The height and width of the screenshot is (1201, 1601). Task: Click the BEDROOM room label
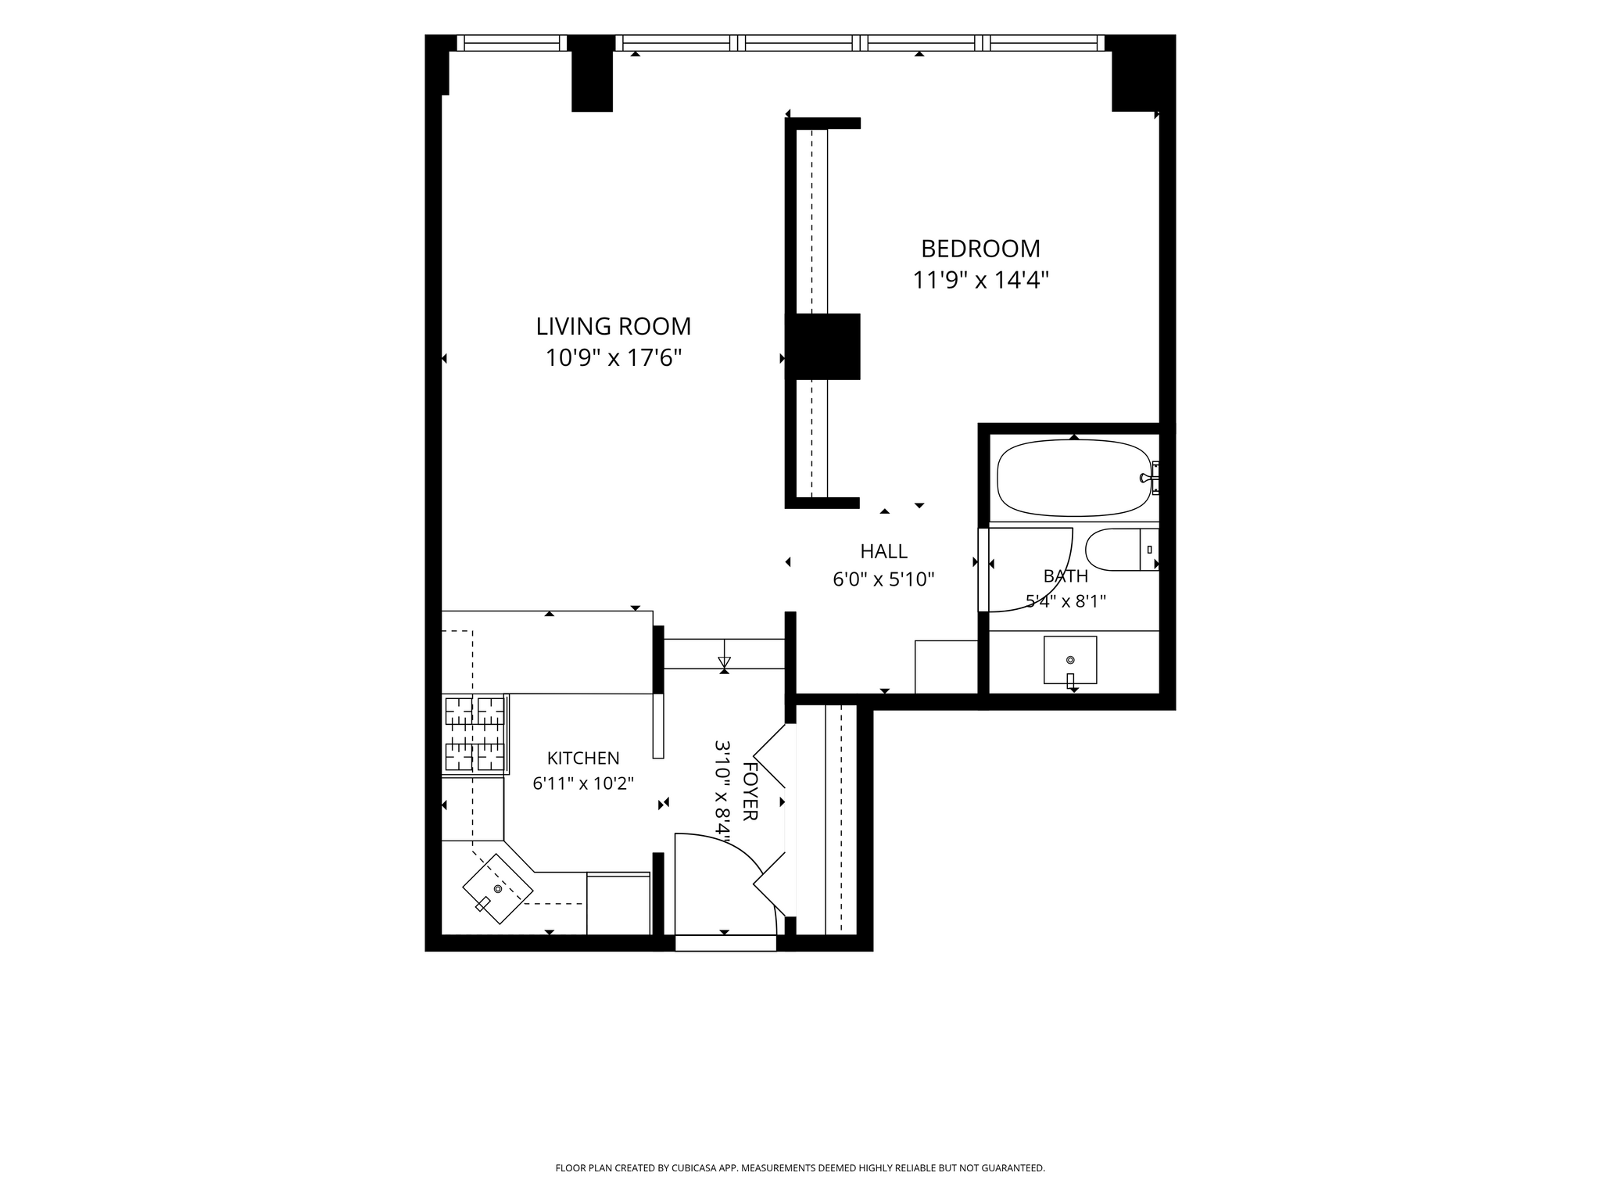point(980,249)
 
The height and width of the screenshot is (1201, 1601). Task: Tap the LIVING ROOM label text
point(614,326)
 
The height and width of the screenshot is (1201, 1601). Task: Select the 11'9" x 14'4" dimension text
point(980,280)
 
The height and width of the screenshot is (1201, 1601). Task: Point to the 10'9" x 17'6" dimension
point(614,358)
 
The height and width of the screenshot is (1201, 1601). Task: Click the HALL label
point(883,551)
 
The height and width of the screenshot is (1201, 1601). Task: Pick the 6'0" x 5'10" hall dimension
point(883,579)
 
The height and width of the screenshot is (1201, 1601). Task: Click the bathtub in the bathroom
point(1074,478)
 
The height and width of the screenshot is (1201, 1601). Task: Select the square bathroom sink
point(1070,661)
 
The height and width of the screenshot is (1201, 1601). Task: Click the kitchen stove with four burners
point(475,734)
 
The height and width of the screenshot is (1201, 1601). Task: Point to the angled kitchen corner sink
point(498,889)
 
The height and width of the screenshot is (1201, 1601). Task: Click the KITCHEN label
point(583,758)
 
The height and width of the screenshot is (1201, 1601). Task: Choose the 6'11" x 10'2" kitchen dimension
point(583,783)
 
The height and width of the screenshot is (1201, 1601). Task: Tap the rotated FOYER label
point(750,791)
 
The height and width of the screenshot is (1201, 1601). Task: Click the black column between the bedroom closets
point(822,346)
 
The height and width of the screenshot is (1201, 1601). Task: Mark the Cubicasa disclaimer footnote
point(800,1168)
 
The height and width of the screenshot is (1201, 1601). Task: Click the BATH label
point(1066,576)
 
